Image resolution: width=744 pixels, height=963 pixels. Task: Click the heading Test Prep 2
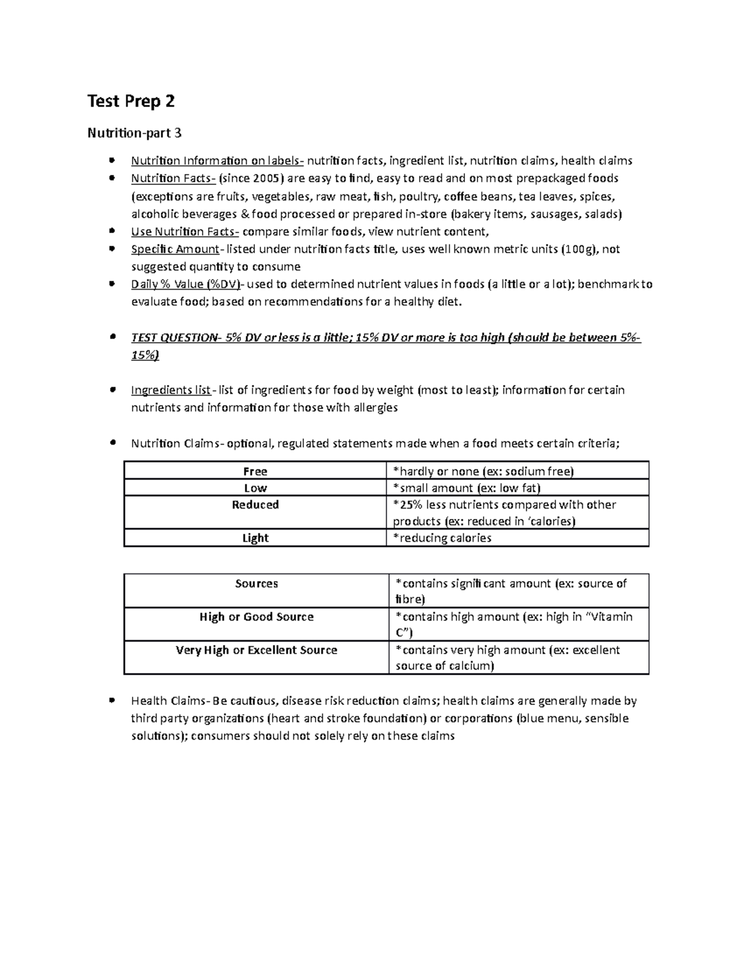pyautogui.click(x=131, y=101)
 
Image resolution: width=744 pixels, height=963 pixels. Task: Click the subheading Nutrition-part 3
pyautogui.click(x=135, y=133)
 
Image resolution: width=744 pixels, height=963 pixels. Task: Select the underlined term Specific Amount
pyautogui.click(x=175, y=249)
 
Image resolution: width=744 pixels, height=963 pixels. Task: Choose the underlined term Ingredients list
pyautogui.click(x=170, y=390)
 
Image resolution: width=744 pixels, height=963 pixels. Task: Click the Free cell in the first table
pyautogui.click(x=255, y=471)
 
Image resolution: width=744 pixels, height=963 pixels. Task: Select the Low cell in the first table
pyautogui.click(x=255, y=488)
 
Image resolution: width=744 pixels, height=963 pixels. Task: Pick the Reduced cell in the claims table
pyautogui.click(x=255, y=505)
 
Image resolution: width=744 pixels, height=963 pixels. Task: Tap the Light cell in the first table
pyautogui.click(x=255, y=538)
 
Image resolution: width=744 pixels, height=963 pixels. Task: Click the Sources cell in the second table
pyautogui.click(x=256, y=584)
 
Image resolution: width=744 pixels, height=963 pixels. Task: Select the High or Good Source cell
pyautogui.click(x=256, y=617)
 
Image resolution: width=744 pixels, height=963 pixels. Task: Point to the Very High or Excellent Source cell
pyautogui.click(x=256, y=650)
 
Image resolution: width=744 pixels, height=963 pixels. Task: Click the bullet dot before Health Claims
pyautogui.click(x=112, y=701)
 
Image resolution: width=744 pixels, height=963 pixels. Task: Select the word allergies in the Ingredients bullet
pyautogui.click(x=373, y=408)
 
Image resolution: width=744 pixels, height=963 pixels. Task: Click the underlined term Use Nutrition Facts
pyautogui.click(x=184, y=232)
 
